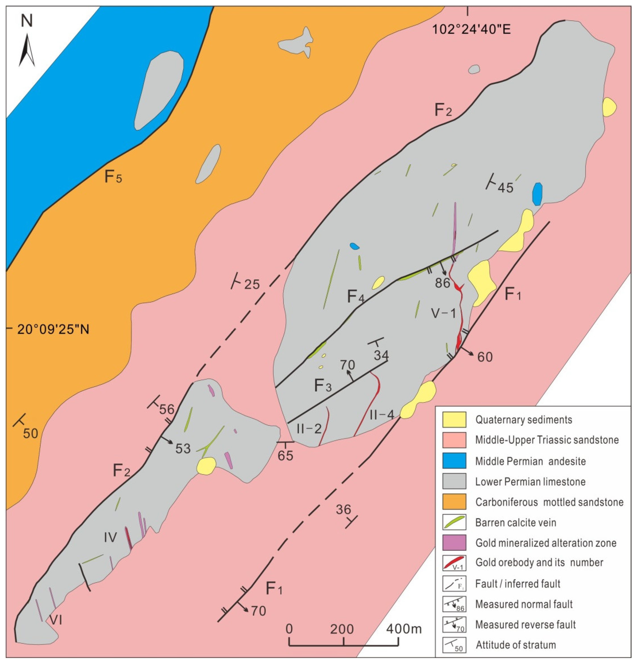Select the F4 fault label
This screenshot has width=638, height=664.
356,297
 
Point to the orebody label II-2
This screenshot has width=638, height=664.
309,429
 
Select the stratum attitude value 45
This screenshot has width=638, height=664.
505,187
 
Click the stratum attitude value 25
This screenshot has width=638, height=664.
252,284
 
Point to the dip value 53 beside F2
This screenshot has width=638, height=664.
183,448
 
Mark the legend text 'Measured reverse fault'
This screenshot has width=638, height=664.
525,624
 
